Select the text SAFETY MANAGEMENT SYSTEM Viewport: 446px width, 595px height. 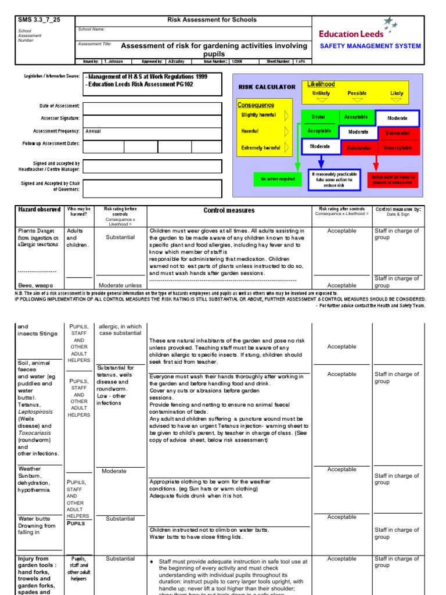371,46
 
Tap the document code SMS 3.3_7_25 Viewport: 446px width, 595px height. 35,20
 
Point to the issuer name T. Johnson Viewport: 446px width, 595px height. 114,61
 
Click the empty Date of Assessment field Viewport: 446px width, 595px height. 153,109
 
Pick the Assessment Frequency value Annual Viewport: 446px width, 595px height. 93,131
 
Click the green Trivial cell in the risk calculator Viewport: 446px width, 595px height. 318,117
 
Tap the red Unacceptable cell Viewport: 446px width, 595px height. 398,148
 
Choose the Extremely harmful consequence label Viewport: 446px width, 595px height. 261,148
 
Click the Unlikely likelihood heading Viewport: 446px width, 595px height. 321,93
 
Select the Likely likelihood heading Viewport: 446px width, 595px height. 397,93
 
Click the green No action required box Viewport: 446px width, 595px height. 274,180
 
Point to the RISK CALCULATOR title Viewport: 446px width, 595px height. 267,87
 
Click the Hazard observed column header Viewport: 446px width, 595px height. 39,209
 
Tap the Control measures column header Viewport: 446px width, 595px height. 229,210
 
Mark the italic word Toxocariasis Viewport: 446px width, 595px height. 35,432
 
